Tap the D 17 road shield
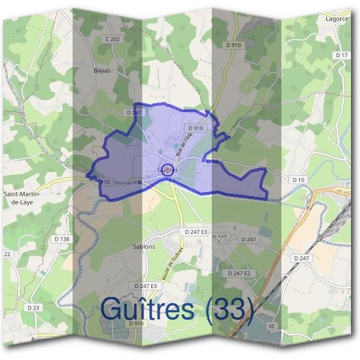pyautogui.click(x=342, y=55)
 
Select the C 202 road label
pyautogui.click(x=112, y=40)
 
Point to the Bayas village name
pyautogui.click(x=102, y=70)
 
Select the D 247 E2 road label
pyautogui.click(x=239, y=272)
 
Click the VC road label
pyautogui.click(x=272, y=326)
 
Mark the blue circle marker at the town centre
pyautogui.click(x=168, y=169)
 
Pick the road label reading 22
pyautogui.click(x=7, y=254)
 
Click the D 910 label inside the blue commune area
pyautogui.click(x=196, y=128)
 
